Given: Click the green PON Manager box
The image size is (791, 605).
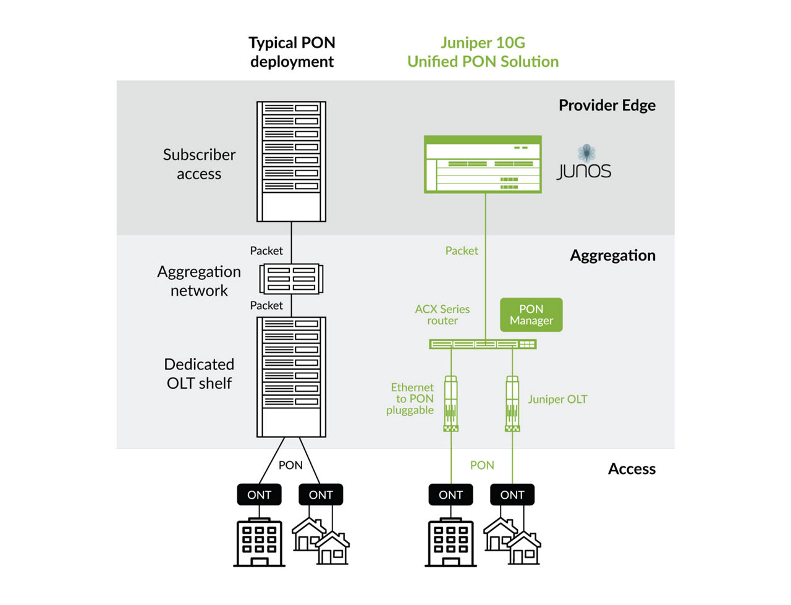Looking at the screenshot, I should coord(531,315).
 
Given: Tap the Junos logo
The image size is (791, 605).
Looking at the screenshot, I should coord(584,163).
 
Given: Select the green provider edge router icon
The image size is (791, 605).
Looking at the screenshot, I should coord(483,164).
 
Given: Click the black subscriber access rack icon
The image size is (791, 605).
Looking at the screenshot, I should coord(291,161).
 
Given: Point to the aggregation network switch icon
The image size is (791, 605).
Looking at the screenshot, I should coord(291,279).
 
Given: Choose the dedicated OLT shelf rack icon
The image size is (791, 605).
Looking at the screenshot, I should coord(291,377).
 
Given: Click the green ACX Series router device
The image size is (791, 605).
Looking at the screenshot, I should coord(483,344).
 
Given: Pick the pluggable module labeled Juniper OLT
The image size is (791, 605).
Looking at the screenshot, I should coord(512,404).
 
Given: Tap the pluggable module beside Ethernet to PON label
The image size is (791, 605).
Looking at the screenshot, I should coord(451,404).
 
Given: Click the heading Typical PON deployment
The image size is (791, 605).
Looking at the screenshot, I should coord(292,52).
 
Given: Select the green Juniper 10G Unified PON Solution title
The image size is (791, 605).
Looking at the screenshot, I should coord(483,52).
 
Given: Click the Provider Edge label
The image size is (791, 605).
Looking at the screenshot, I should coord(607,105).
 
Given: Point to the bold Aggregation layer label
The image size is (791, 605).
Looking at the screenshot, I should coord(612,255).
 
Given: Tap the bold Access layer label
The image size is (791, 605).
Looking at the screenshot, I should coord(632,469).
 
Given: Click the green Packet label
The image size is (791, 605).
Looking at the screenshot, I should coord(462,251).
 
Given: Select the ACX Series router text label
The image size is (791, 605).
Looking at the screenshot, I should coord(442,315).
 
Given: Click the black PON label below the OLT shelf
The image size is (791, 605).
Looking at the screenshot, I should coord(290,465).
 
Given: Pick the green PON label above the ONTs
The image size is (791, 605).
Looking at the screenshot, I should coord(482,465).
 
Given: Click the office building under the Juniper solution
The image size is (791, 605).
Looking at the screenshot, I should coord(450,543).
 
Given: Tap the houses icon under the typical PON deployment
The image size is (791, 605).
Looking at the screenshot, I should coord(321,541).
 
